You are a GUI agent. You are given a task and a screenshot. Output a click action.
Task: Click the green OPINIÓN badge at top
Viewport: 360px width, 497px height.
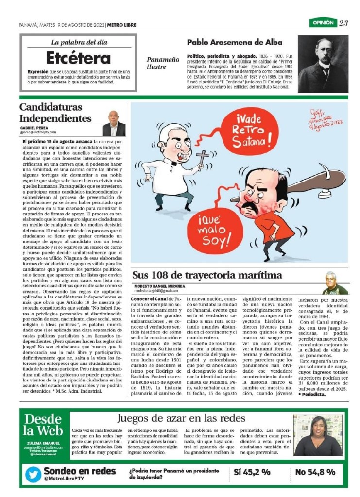click(x=323, y=22)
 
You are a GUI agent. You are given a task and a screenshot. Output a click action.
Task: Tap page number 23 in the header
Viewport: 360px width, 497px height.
click(x=343, y=23)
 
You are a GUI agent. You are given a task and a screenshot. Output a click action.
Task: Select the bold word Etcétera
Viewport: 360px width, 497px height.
click(x=78, y=58)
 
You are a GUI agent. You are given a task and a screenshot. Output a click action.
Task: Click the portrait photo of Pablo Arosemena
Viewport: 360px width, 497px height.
click(x=323, y=64)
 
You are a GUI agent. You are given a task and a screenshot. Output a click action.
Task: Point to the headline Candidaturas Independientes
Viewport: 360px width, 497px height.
click(x=55, y=113)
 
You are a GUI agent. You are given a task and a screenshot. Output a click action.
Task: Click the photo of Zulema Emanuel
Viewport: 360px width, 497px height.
click(x=318, y=435)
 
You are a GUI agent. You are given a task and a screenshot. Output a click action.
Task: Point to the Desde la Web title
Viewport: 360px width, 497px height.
click(x=43, y=425)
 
